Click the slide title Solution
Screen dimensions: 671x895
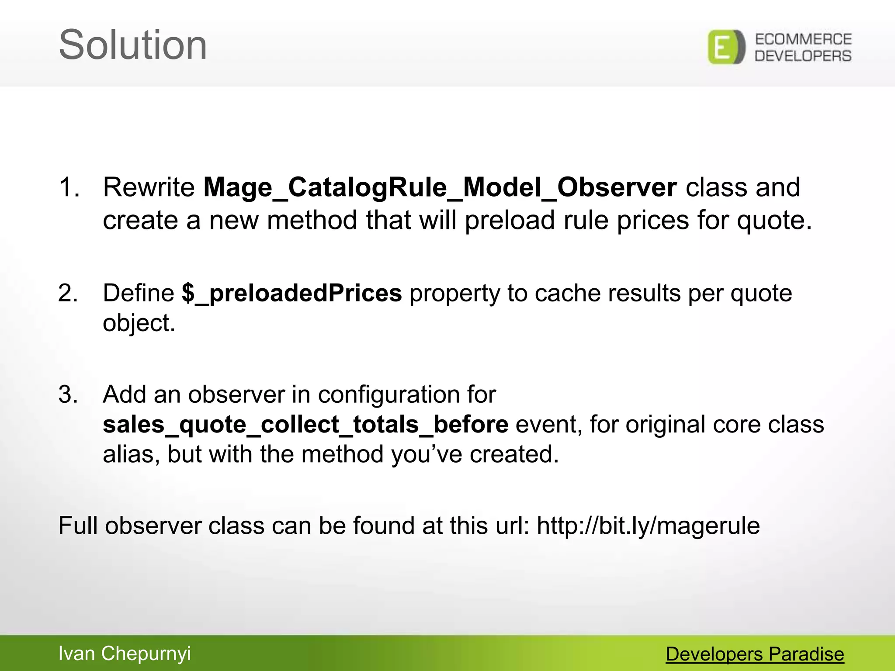pos(132,45)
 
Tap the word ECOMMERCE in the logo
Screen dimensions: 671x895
pos(803,39)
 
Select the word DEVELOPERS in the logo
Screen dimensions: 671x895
pos(803,56)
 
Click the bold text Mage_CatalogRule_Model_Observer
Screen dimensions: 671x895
pos(440,188)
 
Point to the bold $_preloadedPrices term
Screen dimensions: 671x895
pos(291,293)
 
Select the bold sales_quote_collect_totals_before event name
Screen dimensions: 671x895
pos(305,425)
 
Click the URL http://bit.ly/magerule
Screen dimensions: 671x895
pos(648,526)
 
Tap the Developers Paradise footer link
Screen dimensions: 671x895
pos(755,654)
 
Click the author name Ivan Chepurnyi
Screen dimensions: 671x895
pos(125,654)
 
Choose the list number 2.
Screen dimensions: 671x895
pos(68,293)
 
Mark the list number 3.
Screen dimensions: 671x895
pos(68,394)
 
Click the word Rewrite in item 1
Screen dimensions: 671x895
pos(149,188)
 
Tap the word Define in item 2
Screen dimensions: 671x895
pos(139,293)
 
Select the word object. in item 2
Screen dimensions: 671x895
pos(139,324)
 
